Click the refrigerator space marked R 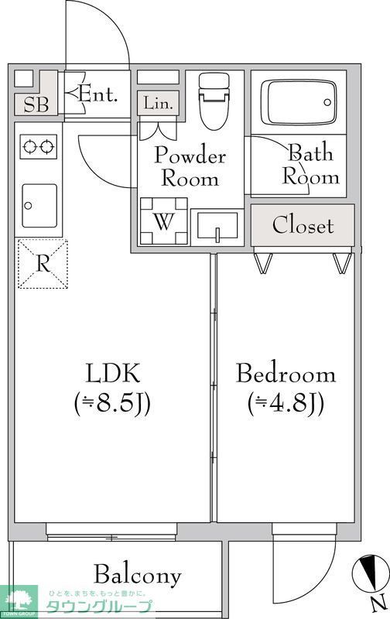(43, 265)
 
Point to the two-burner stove (39, 145)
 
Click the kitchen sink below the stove (39, 205)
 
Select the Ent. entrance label (98, 95)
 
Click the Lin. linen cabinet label (159, 102)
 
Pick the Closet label (303, 226)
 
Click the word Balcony (138, 575)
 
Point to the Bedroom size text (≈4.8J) (286, 403)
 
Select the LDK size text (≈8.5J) (112, 403)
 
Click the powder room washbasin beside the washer (217, 225)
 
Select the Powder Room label (190, 166)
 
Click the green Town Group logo (21, 600)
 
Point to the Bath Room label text (310, 164)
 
